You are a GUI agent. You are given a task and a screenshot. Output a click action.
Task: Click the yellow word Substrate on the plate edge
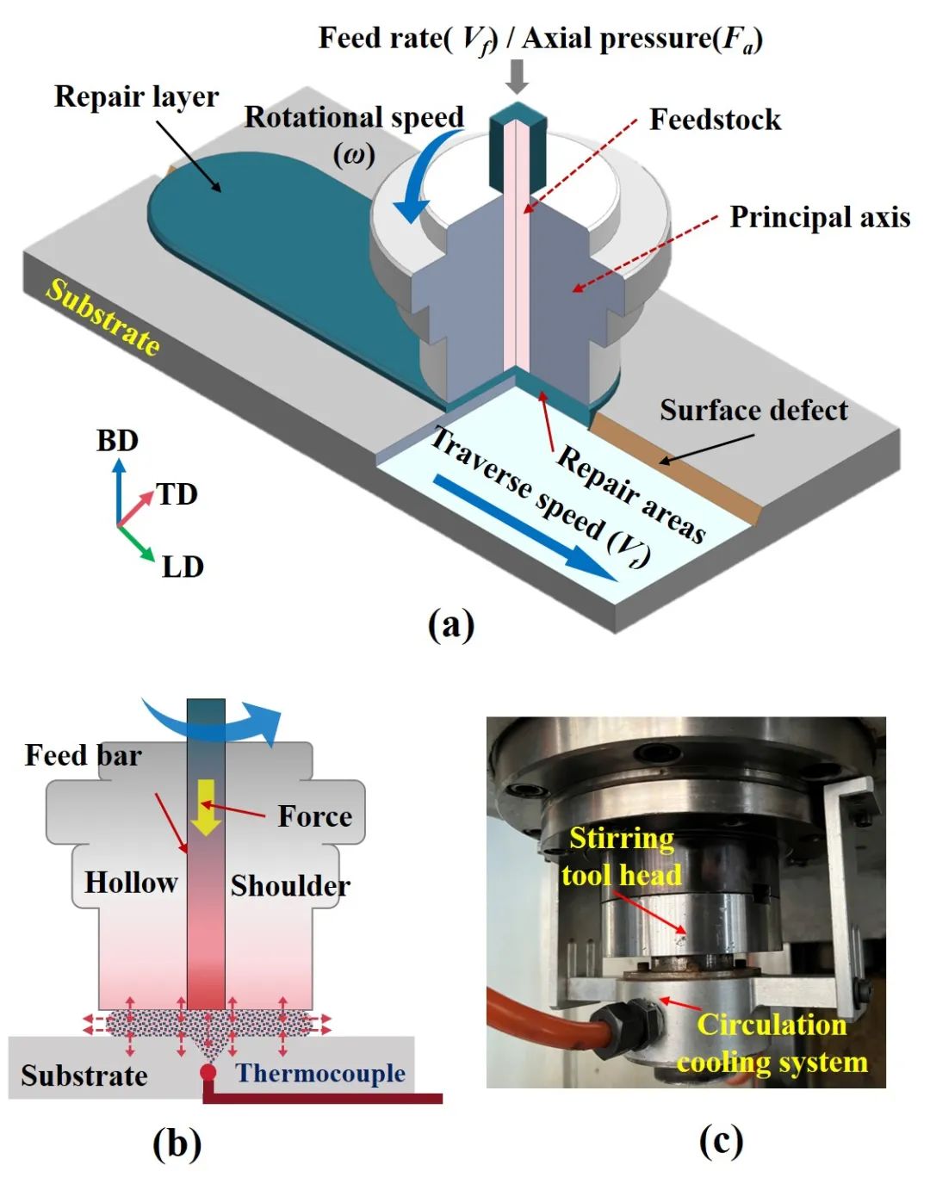(x=103, y=317)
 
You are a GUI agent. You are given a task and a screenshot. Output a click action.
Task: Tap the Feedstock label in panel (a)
(x=715, y=120)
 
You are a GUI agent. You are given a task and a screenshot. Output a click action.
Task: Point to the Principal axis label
(x=820, y=217)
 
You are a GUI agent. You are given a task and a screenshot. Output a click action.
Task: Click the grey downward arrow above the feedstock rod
(x=517, y=76)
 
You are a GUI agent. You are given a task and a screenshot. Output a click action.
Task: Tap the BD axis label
(x=117, y=441)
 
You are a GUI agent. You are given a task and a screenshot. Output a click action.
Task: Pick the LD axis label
(x=183, y=567)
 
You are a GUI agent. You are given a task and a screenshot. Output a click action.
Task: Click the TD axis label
(x=177, y=494)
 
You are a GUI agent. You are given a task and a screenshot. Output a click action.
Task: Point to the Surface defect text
(x=753, y=410)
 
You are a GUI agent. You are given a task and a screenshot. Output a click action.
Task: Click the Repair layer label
(x=136, y=96)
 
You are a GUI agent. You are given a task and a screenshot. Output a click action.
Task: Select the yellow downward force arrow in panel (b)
(x=206, y=806)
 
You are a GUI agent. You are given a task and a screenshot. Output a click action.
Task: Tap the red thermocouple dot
(x=208, y=1072)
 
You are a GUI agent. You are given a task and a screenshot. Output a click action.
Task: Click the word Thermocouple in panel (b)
(x=320, y=1073)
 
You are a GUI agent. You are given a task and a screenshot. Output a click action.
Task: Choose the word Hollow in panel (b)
(x=131, y=883)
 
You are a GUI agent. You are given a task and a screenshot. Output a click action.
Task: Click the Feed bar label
(x=83, y=755)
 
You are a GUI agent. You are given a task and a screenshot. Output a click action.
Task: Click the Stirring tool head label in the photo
(x=621, y=856)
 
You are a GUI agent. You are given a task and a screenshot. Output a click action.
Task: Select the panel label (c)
(x=720, y=1141)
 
